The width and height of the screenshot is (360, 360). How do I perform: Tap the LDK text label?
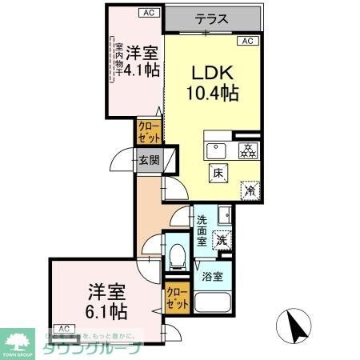point(211,72)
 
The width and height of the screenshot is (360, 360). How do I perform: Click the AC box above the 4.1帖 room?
point(149,12)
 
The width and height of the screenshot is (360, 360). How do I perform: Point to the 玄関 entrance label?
point(150,159)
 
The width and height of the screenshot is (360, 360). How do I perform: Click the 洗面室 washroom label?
point(203,230)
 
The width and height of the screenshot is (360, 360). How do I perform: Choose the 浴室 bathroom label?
point(212,276)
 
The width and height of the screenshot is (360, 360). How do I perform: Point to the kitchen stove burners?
point(248,149)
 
